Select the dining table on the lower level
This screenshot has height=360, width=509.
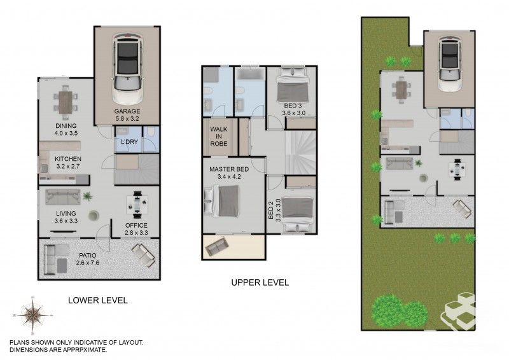click(x=66, y=100)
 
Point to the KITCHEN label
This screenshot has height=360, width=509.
click(x=67, y=159)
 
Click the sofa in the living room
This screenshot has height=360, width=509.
click(x=62, y=197)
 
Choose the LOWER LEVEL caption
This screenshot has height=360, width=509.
click(x=97, y=300)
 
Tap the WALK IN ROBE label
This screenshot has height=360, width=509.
click(x=219, y=136)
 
